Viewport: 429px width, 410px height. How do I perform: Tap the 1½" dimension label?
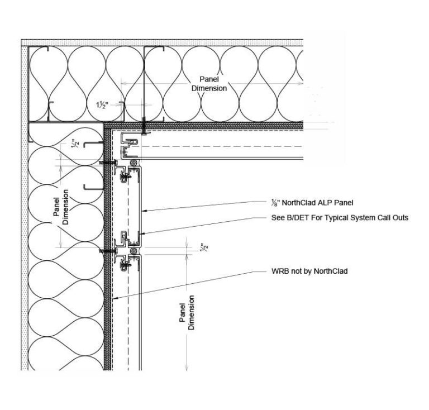pos(102,105)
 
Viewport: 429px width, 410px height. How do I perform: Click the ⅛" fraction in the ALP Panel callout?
pos(270,203)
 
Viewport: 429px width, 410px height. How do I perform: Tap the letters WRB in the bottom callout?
pos(278,271)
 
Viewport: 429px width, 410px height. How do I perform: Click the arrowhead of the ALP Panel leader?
pos(143,211)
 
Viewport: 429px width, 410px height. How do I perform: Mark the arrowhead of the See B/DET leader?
pos(143,233)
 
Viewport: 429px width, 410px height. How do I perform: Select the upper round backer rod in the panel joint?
pos(134,163)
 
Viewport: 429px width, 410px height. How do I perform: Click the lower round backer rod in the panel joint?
pos(134,252)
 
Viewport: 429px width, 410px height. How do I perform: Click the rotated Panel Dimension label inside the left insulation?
pos(61,207)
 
